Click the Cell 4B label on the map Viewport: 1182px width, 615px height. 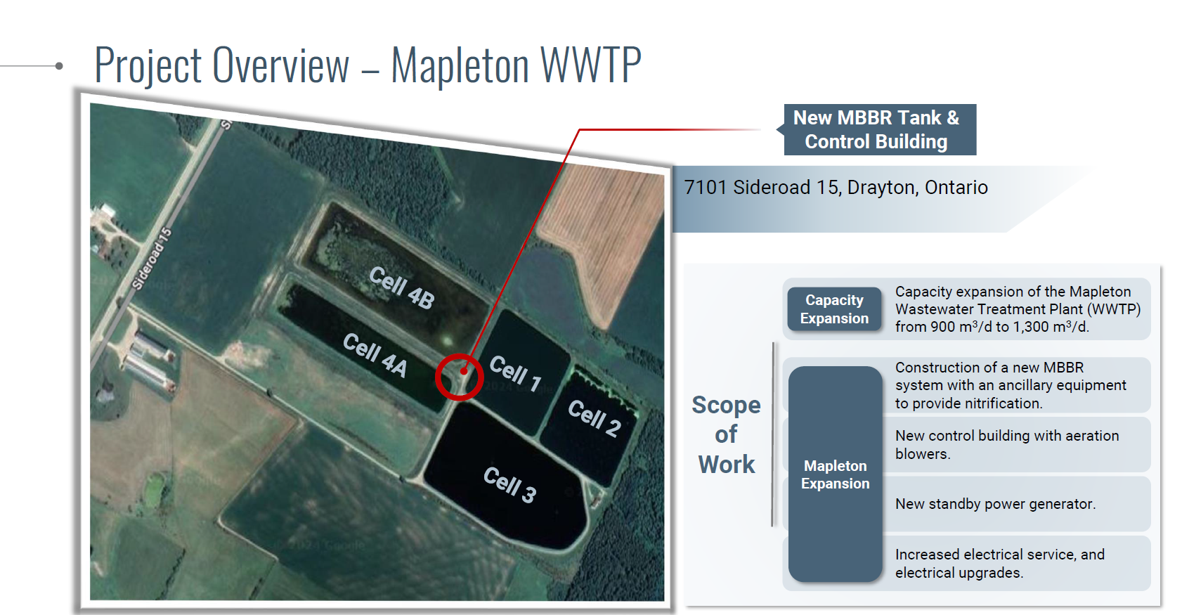[402, 287]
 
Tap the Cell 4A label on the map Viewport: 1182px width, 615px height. [375, 355]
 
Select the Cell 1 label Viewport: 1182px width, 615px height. [516, 373]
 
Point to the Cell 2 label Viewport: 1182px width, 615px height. [595, 418]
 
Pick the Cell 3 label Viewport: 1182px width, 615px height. [509, 484]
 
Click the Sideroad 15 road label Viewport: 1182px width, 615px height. [152, 259]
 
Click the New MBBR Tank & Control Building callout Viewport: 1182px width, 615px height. [880, 129]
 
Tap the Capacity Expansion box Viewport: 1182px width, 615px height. [834, 309]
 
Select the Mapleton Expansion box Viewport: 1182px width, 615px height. [836, 474]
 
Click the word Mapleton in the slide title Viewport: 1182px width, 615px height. [460, 65]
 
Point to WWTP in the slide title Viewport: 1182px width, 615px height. [590, 65]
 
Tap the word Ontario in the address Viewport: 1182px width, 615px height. [956, 188]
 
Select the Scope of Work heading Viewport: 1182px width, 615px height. [727, 434]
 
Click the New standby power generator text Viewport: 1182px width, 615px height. [995, 504]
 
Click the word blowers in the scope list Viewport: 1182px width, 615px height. [923, 454]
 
